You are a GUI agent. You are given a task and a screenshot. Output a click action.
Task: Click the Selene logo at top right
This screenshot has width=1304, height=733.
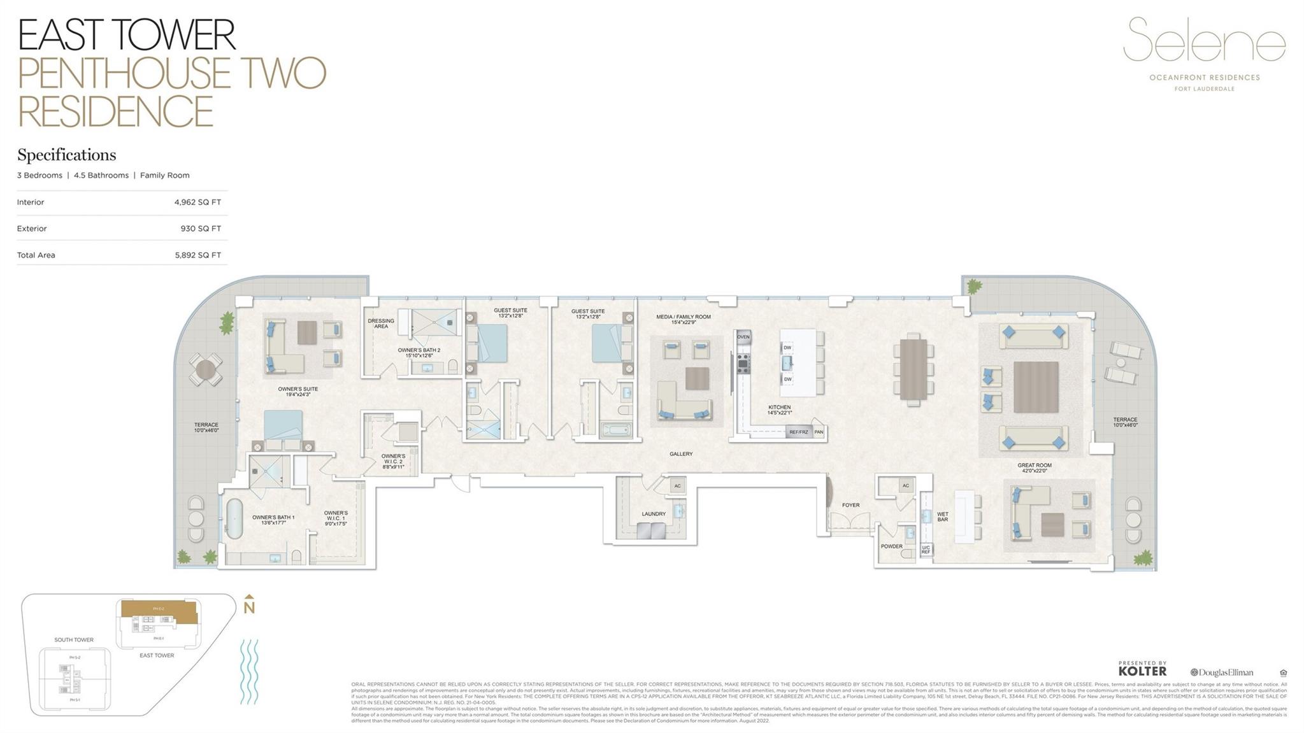click(1203, 40)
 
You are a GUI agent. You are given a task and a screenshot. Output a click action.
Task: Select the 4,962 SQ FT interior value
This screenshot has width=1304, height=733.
click(197, 203)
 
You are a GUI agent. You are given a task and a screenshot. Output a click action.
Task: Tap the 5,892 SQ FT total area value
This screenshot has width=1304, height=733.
click(197, 255)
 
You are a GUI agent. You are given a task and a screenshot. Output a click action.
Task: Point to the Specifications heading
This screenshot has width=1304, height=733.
click(66, 155)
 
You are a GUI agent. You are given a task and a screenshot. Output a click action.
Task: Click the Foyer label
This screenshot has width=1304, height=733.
click(850, 505)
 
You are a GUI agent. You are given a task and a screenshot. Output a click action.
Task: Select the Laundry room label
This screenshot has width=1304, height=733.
click(653, 514)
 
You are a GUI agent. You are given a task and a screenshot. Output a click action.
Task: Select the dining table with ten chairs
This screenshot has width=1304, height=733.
click(913, 369)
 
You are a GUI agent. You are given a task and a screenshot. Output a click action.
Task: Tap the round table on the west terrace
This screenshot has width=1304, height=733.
click(206, 369)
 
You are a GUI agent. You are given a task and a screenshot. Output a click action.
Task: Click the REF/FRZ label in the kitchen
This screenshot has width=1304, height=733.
click(798, 432)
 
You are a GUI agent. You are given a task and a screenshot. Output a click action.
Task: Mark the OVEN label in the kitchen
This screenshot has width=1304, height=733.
click(743, 337)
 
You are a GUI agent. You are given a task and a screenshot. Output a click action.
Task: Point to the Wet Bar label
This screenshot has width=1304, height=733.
click(942, 516)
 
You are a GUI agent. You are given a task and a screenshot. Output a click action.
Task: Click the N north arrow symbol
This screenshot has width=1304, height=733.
click(249, 606)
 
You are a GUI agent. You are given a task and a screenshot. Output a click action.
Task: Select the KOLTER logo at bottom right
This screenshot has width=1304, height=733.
click(1142, 670)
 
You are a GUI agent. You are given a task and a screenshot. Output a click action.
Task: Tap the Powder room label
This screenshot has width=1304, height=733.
click(891, 546)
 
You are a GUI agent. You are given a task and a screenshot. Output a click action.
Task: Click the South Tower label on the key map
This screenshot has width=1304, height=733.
click(74, 640)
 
